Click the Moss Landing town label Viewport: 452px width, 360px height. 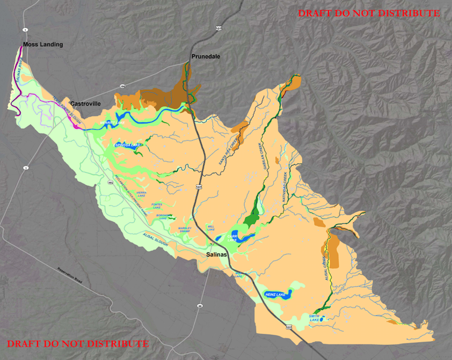(42, 45)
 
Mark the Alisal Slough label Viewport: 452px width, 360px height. (156, 239)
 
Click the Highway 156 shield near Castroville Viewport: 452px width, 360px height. (122, 86)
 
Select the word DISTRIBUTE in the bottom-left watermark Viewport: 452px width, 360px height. (120, 343)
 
